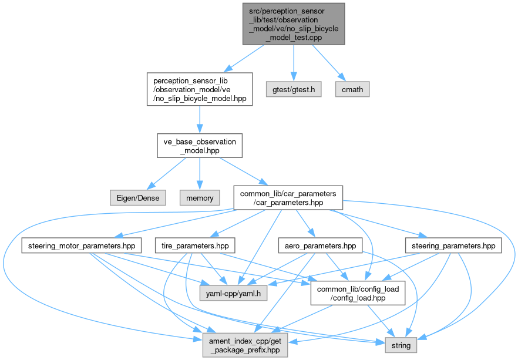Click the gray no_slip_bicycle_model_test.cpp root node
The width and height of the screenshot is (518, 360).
pos(294,23)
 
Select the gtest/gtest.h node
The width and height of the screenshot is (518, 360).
pos(294,89)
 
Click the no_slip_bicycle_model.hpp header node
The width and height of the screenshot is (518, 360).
pos(199,89)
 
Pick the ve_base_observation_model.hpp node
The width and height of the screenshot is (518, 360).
pos(199,146)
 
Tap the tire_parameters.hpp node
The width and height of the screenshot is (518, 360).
pos(194,245)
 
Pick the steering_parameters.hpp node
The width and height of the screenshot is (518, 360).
pos(453,245)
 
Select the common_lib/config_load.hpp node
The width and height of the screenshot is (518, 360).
pos(358,292)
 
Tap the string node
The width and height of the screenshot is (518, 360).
pos(401,345)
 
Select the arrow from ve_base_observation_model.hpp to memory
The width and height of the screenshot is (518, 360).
pos(199,173)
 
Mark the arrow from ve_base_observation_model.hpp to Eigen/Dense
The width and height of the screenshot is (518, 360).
pos(169,173)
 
